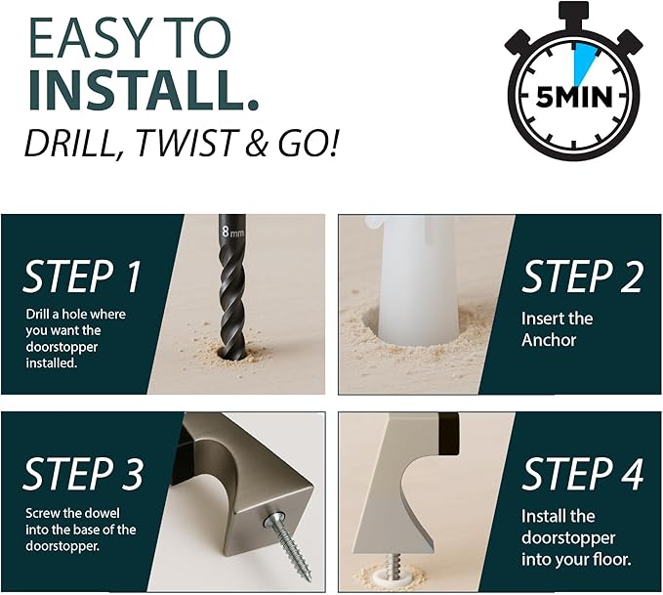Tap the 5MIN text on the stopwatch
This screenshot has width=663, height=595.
(574, 98)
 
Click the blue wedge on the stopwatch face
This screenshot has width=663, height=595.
(584, 64)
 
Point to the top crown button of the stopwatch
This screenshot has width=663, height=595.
(573, 13)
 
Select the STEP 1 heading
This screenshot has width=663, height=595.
(82, 276)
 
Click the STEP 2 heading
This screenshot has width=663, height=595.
(582, 276)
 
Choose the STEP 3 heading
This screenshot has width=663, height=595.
(83, 474)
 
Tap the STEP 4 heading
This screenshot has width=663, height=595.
(583, 474)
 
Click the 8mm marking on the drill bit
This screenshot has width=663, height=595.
(233, 233)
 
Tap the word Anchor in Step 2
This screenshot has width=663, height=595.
(549, 340)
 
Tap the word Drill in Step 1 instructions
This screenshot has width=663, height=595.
(36, 315)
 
